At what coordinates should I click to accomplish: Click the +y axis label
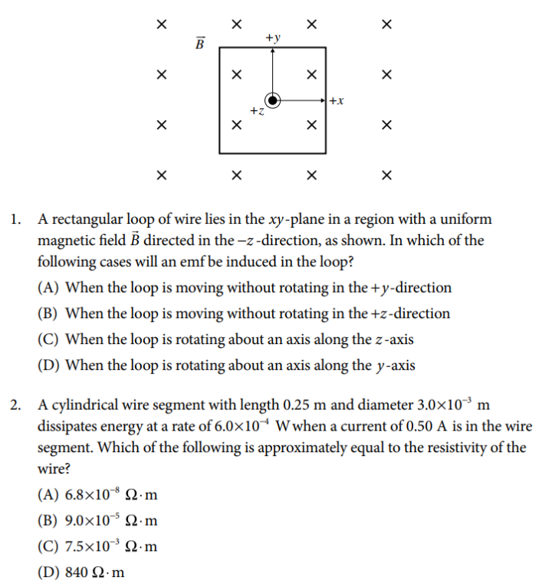click(x=273, y=37)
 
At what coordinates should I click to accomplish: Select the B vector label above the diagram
click(x=199, y=44)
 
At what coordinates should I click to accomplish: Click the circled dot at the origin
click(x=273, y=100)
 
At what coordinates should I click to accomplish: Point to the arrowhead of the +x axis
click(x=323, y=100)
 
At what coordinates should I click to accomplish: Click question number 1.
click(x=16, y=220)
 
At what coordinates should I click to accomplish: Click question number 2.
click(x=16, y=405)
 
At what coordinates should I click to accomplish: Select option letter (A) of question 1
click(x=48, y=288)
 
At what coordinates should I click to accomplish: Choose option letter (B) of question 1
click(x=48, y=313)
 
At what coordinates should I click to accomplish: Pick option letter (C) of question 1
click(x=48, y=339)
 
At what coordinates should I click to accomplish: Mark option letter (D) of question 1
click(x=48, y=366)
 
